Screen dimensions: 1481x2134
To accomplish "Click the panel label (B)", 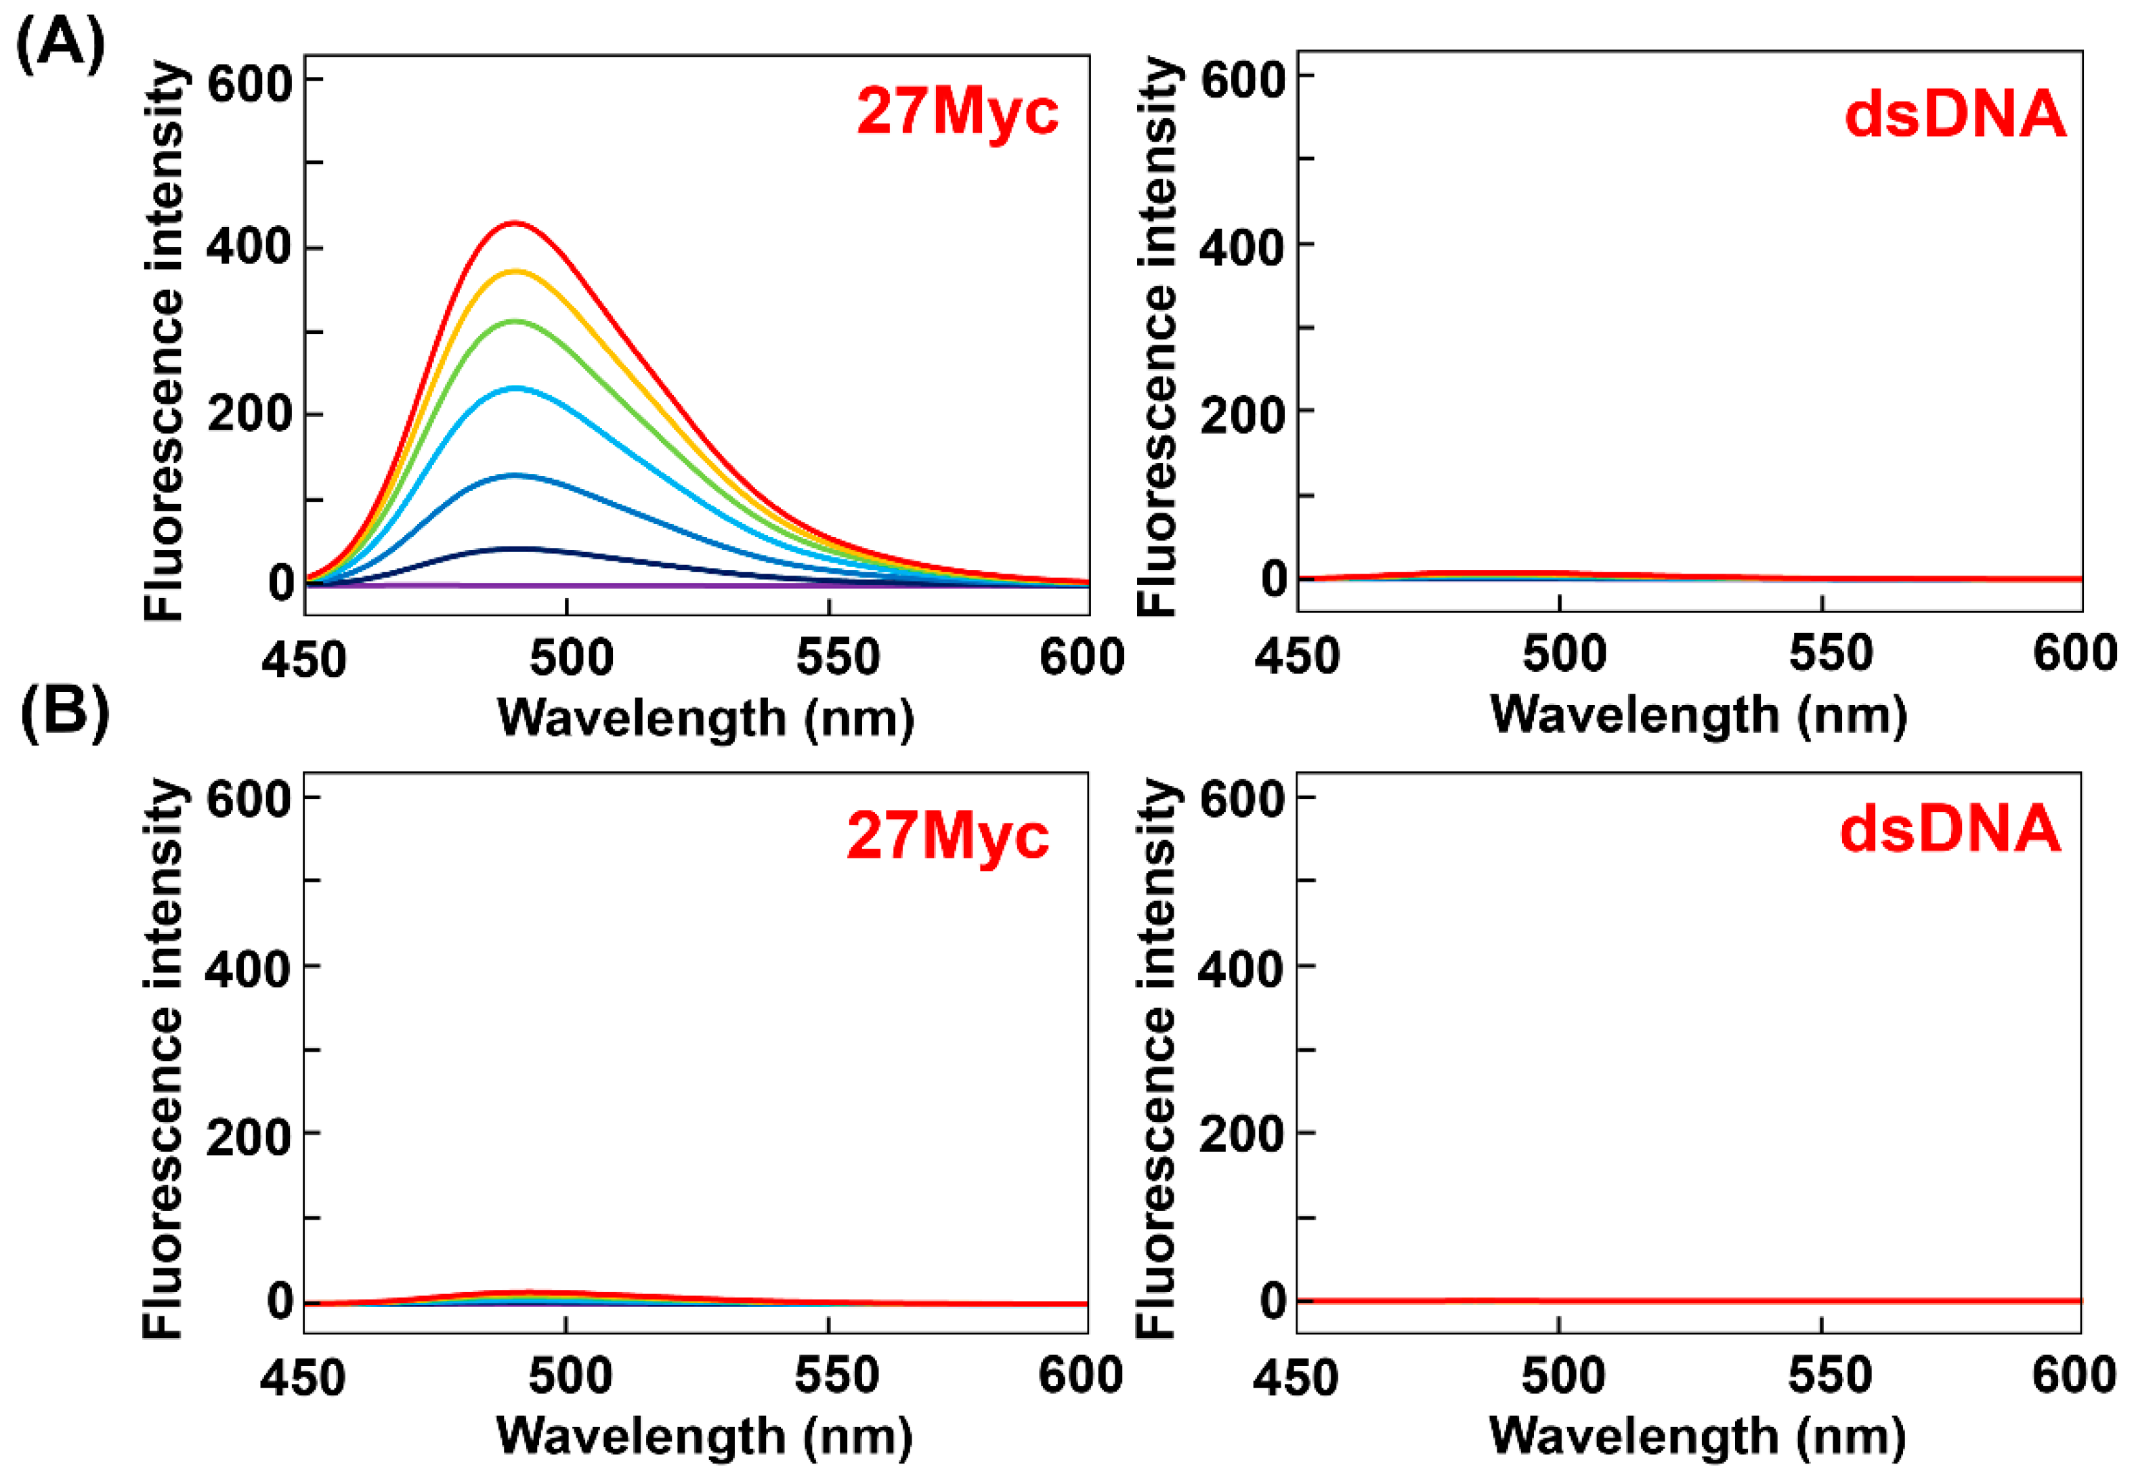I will coord(64,712).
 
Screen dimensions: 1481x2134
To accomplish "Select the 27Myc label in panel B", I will coord(947,836).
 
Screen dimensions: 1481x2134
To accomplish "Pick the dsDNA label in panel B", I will coord(1949,830).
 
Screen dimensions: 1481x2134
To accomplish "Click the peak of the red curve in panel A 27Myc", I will coord(514,223).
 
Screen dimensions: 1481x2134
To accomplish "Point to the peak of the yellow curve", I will coord(514,271).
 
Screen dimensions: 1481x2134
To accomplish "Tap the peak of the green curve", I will coord(514,321).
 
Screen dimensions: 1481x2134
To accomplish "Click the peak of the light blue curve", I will coord(514,388).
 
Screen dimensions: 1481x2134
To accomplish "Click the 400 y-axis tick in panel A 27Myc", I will coord(248,248).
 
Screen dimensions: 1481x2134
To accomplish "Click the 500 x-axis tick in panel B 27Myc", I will coord(570,1375).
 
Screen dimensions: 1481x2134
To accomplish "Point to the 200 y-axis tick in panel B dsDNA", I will coord(1241,1135).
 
